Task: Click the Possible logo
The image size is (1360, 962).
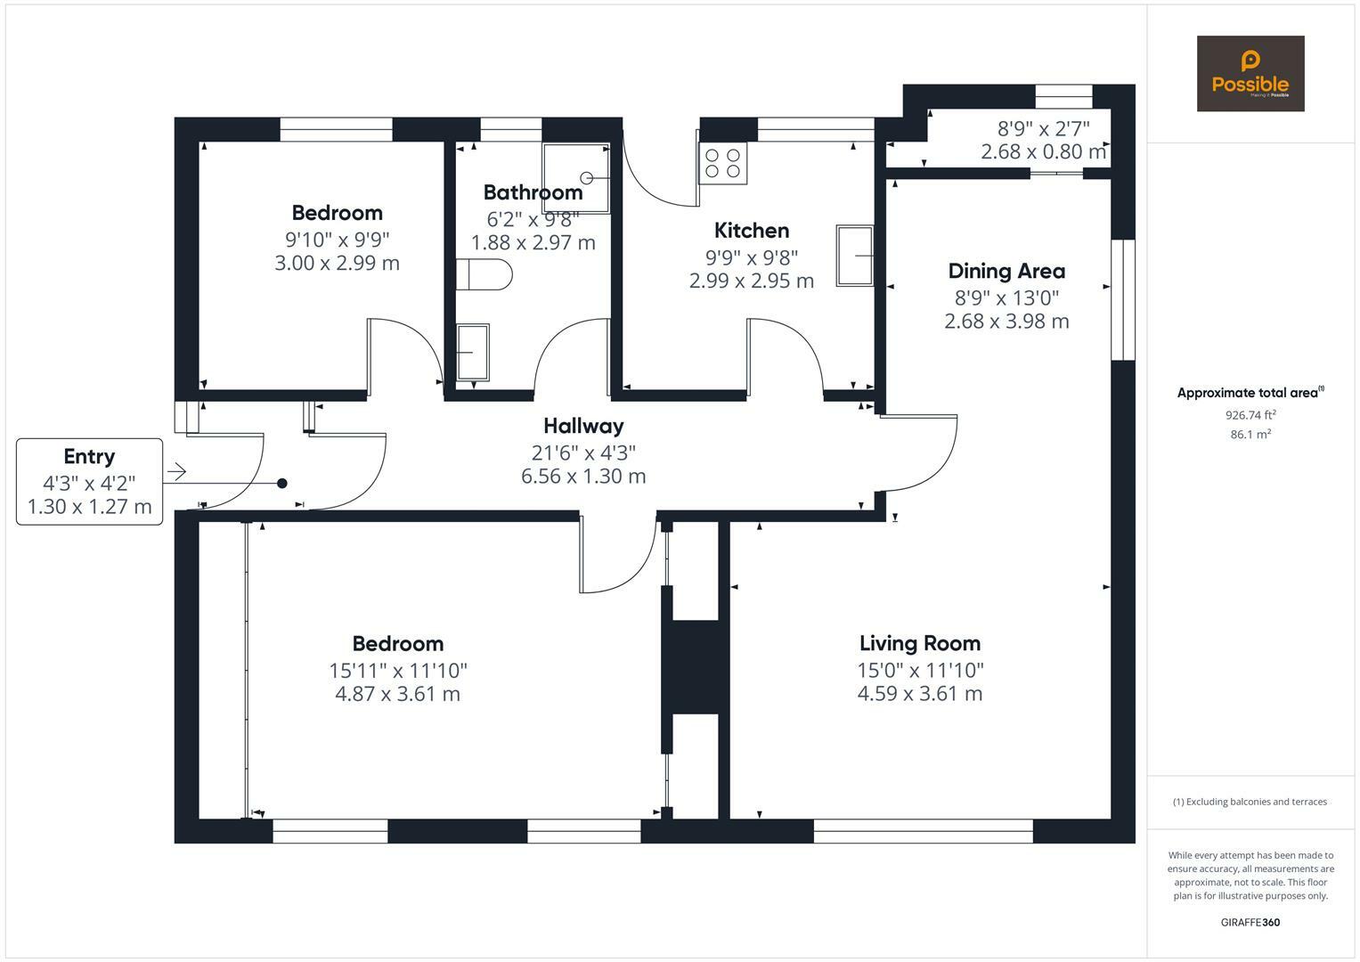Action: click(1250, 73)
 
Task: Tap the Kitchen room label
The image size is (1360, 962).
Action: click(752, 231)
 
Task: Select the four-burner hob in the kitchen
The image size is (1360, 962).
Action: click(722, 163)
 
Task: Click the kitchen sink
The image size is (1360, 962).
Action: click(855, 256)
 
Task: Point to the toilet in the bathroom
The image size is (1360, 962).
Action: click(484, 274)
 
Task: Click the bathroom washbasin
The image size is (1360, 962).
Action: click(472, 352)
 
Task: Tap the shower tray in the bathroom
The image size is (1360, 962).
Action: click(576, 178)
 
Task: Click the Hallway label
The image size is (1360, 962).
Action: click(583, 427)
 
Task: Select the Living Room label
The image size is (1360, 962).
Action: click(920, 643)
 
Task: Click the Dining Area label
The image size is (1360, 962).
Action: click(1006, 271)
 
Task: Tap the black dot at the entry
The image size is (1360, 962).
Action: click(282, 484)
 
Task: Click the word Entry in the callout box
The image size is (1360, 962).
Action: click(89, 457)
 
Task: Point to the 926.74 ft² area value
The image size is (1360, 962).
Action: click(1250, 415)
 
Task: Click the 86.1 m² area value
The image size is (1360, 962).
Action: click(1250, 435)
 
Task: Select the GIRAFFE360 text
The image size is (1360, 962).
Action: click(1250, 923)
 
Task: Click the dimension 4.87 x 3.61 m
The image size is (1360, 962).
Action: click(398, 694)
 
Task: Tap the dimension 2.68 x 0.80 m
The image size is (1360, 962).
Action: click(1043, 151)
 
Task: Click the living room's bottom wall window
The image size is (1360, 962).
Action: click(923, 831)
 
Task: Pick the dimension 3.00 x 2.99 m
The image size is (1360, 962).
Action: click(337, 263)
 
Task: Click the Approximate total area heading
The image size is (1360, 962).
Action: click(1250, 392)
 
